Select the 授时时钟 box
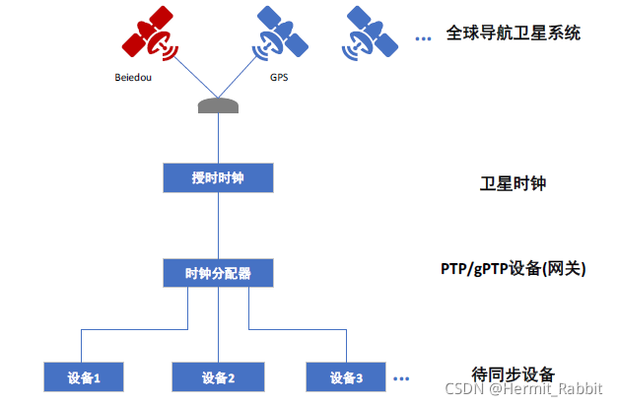pos(217,178)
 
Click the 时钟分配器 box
pos(217,272)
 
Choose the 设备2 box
pos(217,376)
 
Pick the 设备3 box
pos(346,376)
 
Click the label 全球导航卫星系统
pos(512,34)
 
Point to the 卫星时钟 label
pos(512,183)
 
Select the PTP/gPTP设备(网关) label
pos(513,267)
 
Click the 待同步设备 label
pos(513,372)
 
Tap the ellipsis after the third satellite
pos(424,38)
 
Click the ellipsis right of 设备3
pos(401,377)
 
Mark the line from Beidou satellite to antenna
pos(187,76)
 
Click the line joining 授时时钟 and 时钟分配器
pos(217,225)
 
